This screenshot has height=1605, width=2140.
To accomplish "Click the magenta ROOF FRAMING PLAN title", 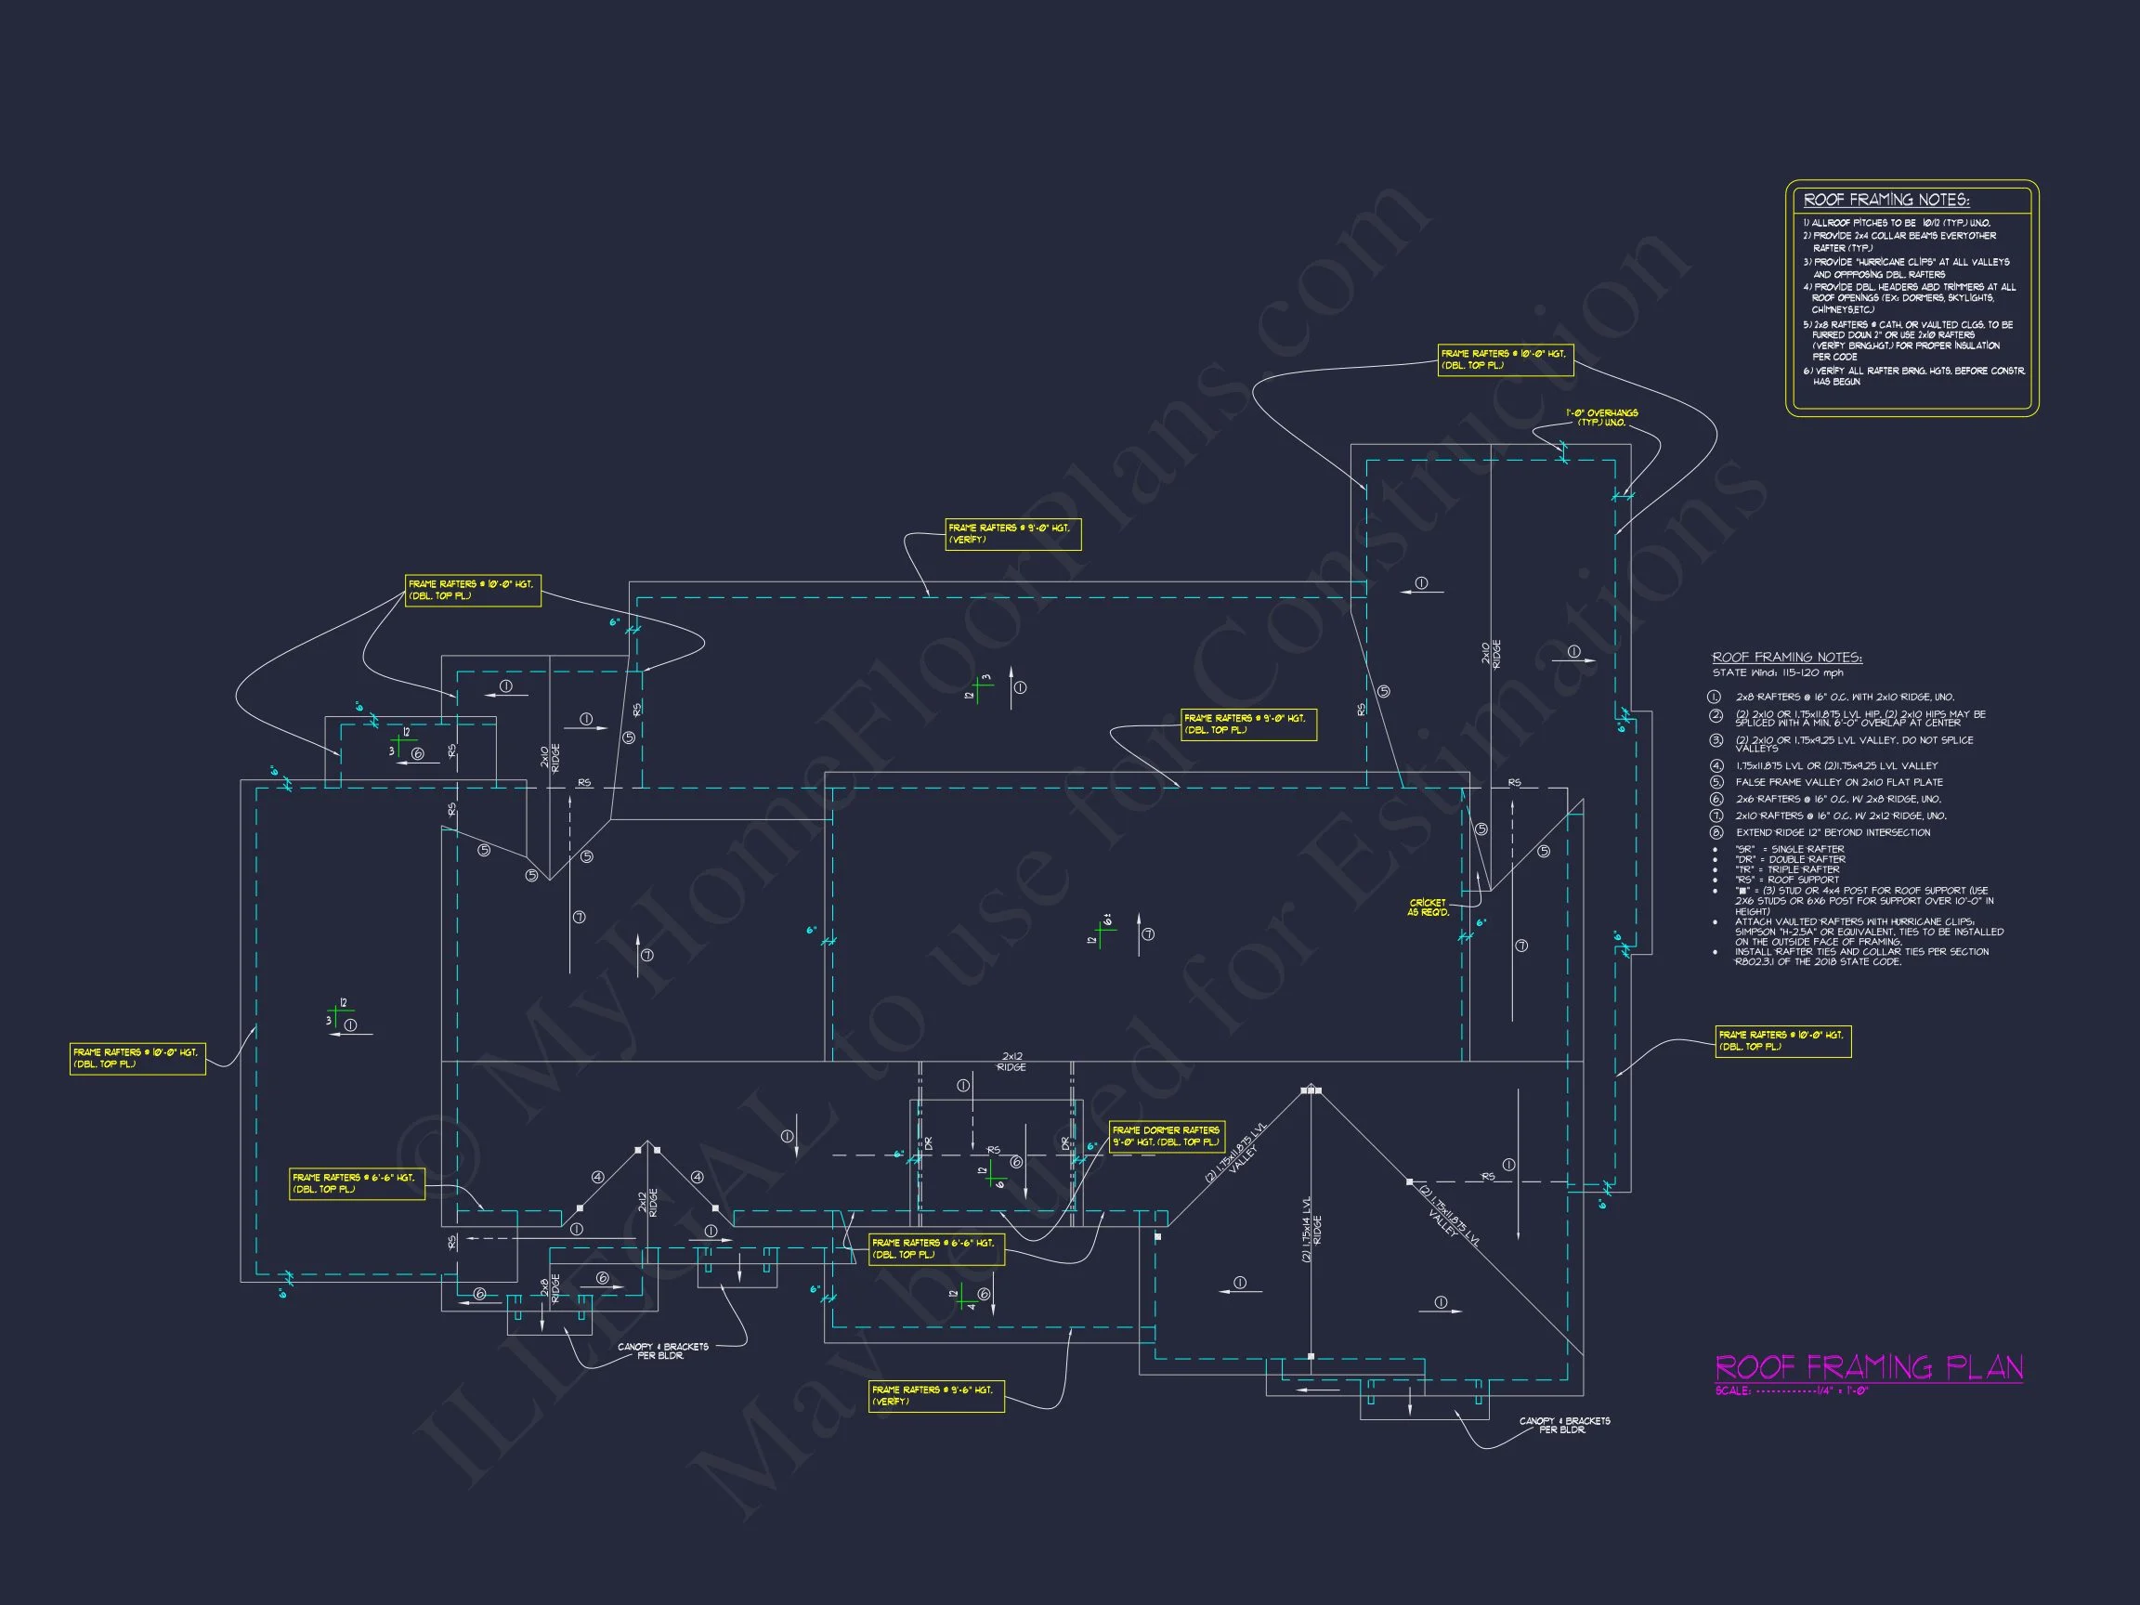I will click(1868, 1367).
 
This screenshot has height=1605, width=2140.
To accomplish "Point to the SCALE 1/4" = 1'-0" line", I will click(1792, 1391).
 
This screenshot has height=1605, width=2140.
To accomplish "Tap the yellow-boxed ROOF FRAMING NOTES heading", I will click(1886, 201).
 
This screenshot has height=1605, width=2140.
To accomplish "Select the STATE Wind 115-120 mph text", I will click(1777, 672).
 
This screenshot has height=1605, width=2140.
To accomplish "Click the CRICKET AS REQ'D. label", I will click(1428, 907).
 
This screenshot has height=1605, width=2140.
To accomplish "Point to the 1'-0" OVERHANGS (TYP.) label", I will click(1602, 418).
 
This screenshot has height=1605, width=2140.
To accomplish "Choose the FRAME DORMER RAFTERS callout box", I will click(1166, 1136).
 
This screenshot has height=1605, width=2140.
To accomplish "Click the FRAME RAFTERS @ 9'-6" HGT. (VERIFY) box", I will click(935, 1395).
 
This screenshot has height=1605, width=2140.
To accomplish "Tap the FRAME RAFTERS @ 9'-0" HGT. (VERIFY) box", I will click(1012, 534).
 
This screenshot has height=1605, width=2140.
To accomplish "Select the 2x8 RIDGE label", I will click(550, 1289).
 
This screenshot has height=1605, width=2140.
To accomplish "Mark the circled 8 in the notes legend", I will click(1716, 832).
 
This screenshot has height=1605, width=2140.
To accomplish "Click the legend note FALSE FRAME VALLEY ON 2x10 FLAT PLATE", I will click(1839, 782).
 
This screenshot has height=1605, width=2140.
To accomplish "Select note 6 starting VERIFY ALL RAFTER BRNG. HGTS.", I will click(1912, 376).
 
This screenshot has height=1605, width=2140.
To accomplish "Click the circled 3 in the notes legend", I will click(1716, 740).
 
